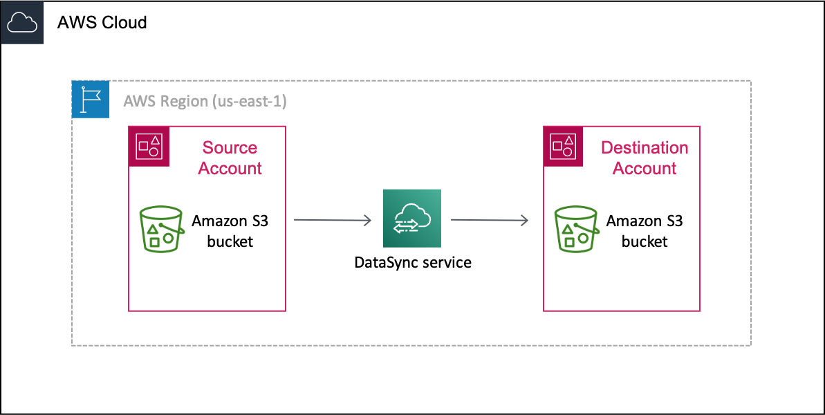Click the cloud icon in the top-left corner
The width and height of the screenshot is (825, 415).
(22, 23)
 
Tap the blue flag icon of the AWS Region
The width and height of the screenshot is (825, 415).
(91, 99)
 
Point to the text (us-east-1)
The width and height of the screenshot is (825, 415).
(250, 101)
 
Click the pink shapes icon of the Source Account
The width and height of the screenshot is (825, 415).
(149, 146)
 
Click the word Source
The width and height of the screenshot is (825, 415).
(230, 148)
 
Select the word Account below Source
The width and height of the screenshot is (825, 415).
(230, 168)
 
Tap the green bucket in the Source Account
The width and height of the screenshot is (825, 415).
(161, 229)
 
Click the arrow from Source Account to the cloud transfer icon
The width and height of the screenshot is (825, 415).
(332, 220)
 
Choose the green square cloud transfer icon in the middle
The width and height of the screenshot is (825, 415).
(412, 218)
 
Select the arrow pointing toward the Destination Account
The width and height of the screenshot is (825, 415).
(489, 220)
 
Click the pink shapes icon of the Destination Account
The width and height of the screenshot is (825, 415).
(563, 146)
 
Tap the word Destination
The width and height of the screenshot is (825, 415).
(644, 148)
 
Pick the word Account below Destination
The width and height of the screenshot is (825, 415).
(644, 168)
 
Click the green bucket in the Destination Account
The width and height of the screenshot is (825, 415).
(575, 229)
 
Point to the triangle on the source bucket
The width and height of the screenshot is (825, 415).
(153, 228)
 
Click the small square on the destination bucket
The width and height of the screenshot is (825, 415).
(569, 243)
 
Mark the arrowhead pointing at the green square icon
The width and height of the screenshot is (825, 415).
(368, 220)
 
